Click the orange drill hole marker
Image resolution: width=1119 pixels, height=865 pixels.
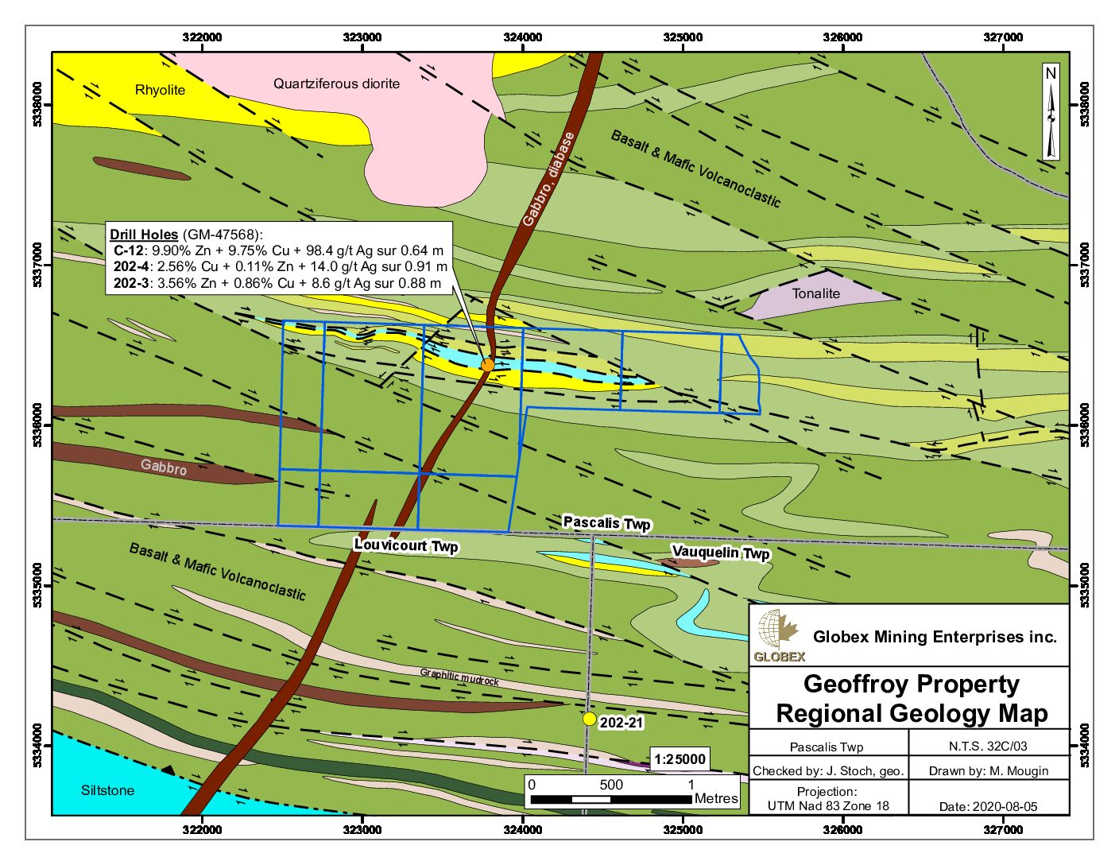point(487,364)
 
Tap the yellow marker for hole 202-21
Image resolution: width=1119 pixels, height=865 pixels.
point(589,719)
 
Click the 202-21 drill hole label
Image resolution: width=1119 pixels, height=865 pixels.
point(621,723)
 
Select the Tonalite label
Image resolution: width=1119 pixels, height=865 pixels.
point(815,293)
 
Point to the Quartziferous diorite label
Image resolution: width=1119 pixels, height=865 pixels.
point(336,83)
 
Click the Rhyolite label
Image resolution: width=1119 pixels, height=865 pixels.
point(160,90)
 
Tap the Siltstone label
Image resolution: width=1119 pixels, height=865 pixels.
point(107,790)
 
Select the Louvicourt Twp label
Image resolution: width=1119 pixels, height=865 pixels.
point(405,545)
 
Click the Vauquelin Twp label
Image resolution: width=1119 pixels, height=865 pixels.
point(720,552)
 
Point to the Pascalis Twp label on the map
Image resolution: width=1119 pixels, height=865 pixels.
point(606,522)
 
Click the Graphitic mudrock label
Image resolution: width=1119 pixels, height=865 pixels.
point(459,677)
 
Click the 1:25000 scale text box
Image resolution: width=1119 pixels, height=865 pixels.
point(680,758)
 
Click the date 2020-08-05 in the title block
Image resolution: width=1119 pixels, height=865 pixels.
point(988,806)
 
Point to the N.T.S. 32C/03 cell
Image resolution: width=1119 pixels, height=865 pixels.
point(988,747)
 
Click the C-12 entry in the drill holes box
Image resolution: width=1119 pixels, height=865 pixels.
point(129,250)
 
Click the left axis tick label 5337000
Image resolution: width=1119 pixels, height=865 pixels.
point(37,266)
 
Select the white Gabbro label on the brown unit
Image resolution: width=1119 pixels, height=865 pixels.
point(164,467)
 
